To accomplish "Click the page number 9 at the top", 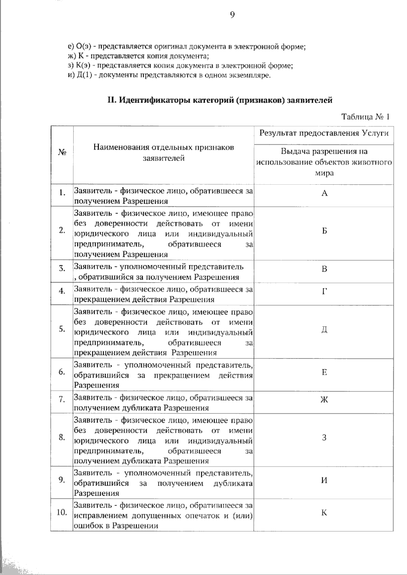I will coord(232,15).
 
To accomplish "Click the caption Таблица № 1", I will coord(365,117).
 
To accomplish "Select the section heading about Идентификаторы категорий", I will coord(220,100).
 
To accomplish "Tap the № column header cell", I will coord(62,153).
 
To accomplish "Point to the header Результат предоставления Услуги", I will coord(324,133).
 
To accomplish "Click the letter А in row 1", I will coord(324,193).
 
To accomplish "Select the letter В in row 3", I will coord(324,269).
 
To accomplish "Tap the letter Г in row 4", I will coord(324,291).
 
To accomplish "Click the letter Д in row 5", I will coord(324,330).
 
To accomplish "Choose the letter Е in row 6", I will coord(324,372).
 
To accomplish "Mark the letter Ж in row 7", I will coord(324,400).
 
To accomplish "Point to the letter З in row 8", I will coord(324,437).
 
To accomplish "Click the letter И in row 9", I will coord(324,480).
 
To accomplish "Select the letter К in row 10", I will coord(324,513).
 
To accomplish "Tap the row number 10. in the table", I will coord(61,513).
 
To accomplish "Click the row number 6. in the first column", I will coord(62,372).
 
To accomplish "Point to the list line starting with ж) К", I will coord(138,56).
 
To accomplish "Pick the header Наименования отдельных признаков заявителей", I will coord(164,153).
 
